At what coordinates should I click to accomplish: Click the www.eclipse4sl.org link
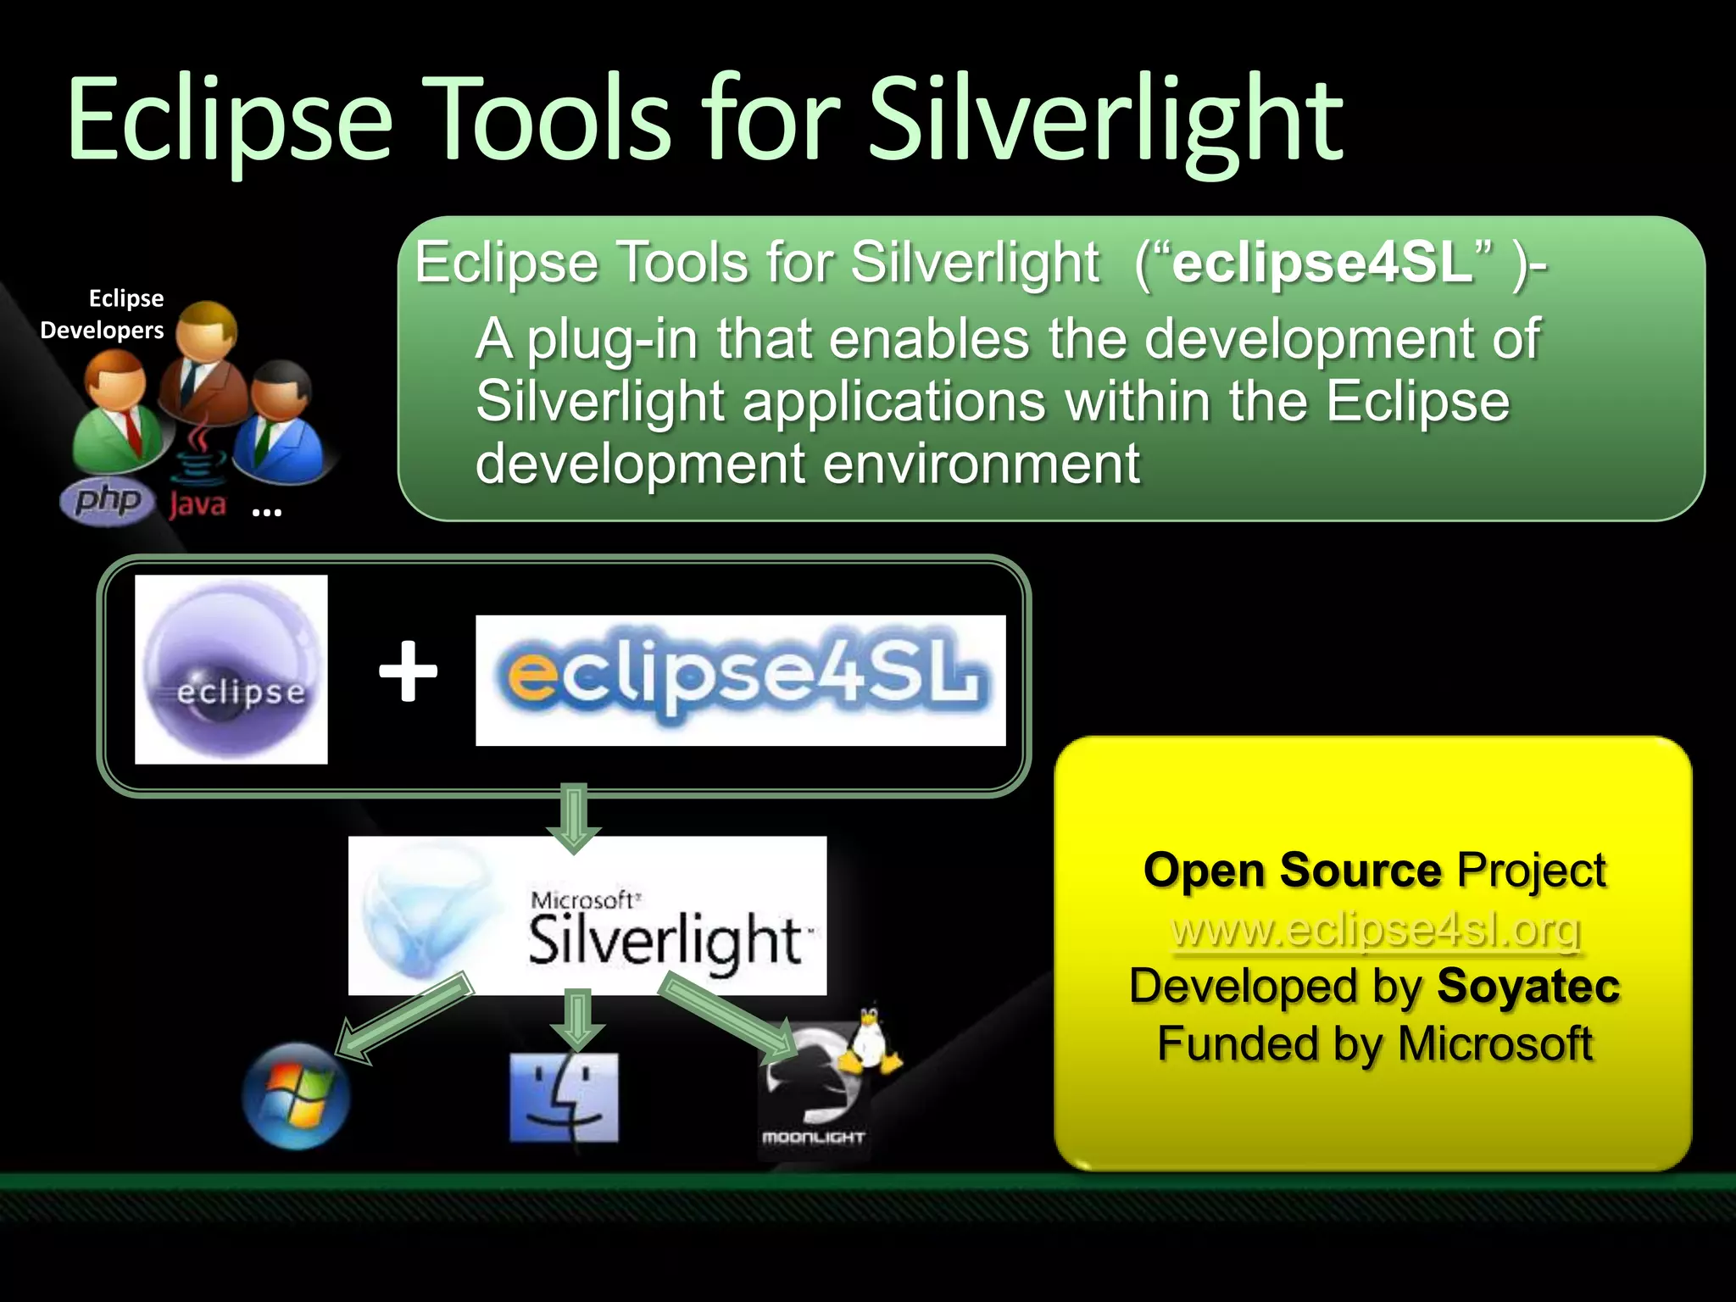click(x=1375, y=930)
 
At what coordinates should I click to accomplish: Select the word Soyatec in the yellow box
click(x=1527, y=986)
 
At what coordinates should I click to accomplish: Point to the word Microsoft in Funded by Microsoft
click(x=1494, y=1043)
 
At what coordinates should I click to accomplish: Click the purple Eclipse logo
click(x=231, y=670)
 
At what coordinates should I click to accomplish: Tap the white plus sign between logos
click(x=408, y=671)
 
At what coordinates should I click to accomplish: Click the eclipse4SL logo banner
click(x=740, y=680)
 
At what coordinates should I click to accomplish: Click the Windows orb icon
click(x=295, y=1097)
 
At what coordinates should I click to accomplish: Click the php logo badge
click(x=107, y=500)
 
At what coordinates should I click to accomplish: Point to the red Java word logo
click(x=198, y=504)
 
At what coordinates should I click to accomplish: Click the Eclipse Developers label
click(x=103, y=314)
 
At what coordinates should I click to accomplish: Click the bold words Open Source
click(x=1291, y=871)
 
